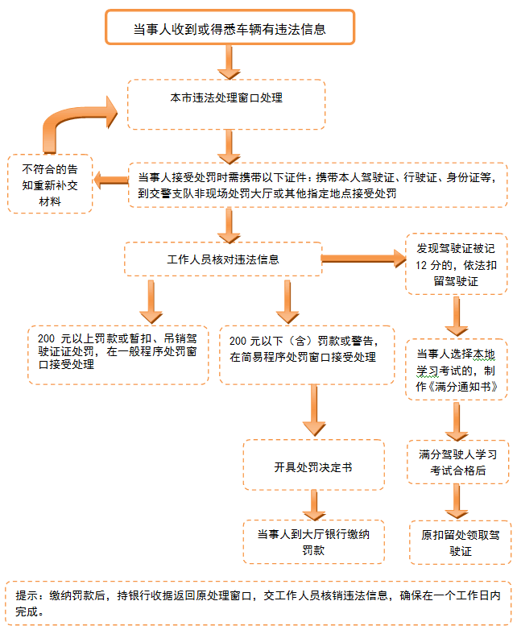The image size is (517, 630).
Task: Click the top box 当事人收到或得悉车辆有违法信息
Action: pos(230,27)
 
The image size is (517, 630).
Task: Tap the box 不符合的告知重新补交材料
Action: pos(50,184)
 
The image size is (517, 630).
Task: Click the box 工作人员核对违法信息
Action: pos(221,259)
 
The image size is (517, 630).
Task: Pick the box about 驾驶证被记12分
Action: pos(457,263)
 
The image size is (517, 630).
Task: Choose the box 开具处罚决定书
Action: pos(313,465)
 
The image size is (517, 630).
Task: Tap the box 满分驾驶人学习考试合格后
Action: pos(457,460)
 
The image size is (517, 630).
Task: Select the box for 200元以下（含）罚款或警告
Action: pos(306,351)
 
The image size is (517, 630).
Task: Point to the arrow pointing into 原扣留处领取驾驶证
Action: pos(457,502)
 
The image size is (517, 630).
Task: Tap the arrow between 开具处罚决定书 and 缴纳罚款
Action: pos(313,505)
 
